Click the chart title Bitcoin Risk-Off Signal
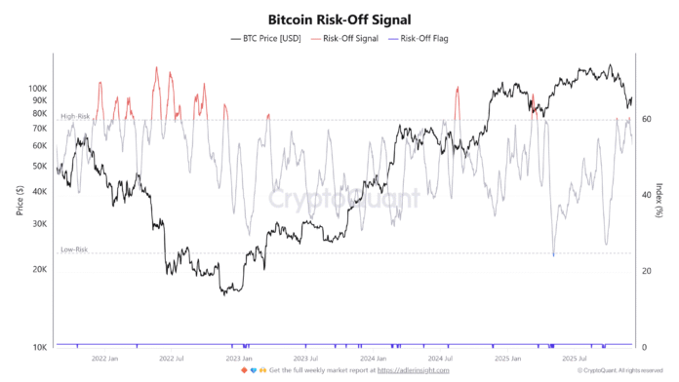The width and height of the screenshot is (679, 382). click(339, 19)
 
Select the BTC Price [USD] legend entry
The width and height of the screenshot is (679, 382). click(265, 38)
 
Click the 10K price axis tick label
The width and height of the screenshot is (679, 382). click(40, 348)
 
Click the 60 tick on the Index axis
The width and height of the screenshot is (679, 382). click(649, 119)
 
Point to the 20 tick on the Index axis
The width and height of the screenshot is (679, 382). click(649, 271)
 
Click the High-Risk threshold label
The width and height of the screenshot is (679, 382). click(75, 117)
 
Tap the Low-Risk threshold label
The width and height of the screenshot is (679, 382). click(74, 250)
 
